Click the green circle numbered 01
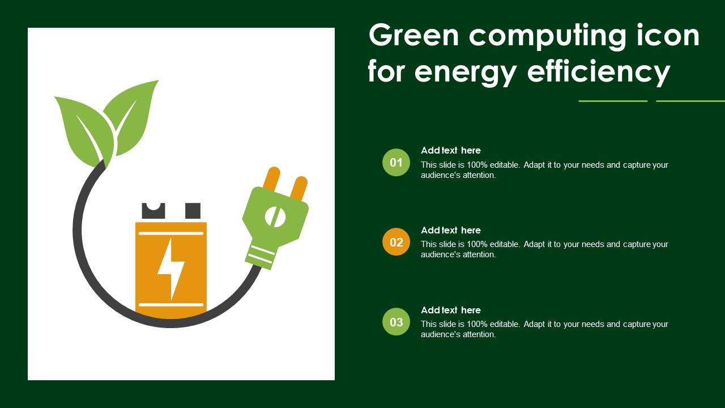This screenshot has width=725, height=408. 396,163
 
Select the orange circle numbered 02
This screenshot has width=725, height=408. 396,242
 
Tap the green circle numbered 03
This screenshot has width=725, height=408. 396,322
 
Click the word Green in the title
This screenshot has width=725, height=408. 413,35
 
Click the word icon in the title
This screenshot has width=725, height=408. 668,35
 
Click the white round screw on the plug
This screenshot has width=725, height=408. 275,216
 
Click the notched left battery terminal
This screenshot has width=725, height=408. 153,211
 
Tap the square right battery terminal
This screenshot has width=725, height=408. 193,211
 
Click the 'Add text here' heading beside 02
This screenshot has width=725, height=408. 451,230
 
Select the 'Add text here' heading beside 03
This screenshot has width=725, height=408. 451,310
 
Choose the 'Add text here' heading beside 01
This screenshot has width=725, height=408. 451,150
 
